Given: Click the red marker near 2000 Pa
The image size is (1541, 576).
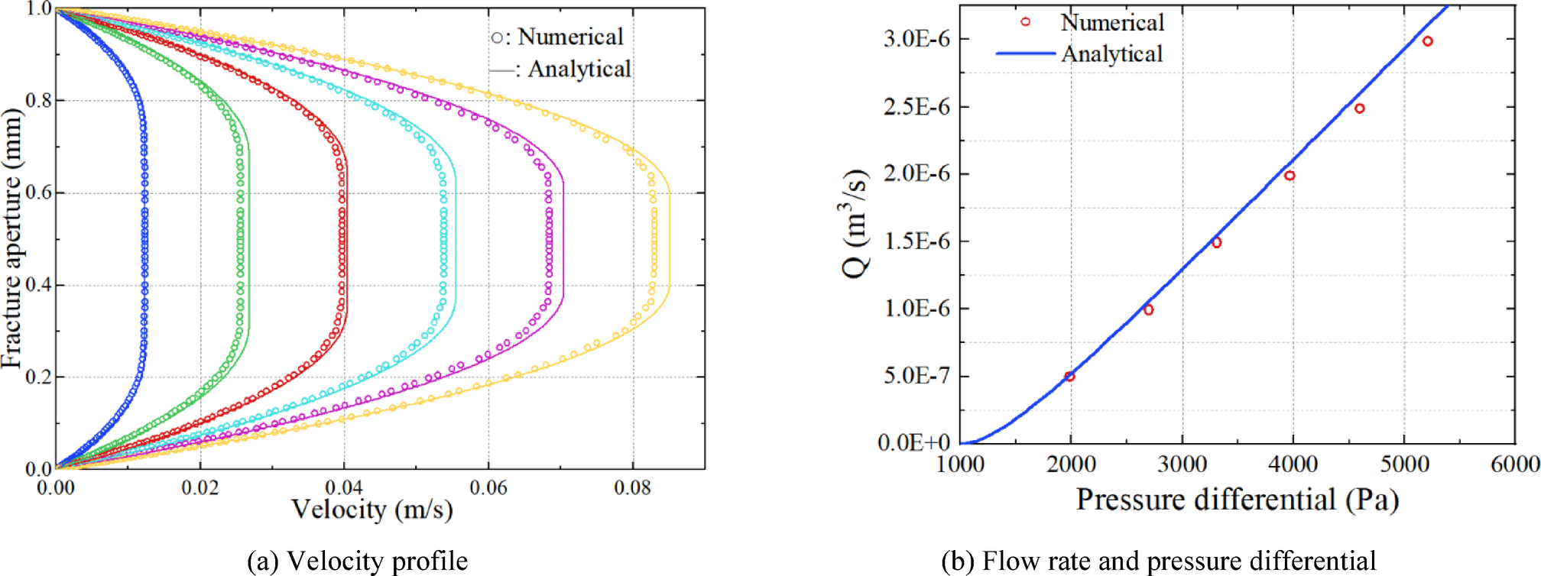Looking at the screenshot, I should [1069, 377].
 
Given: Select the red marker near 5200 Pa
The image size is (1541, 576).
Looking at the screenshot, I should [1427, 41].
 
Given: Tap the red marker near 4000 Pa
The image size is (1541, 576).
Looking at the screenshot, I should [1290, 176].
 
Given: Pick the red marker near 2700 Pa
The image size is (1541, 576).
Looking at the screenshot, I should [1148, 309].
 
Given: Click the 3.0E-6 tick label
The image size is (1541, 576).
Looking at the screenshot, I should [916, 39].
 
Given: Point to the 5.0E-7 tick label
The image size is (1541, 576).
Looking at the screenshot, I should [916, 376].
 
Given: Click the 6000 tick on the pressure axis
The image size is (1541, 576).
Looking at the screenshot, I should [1514, 464].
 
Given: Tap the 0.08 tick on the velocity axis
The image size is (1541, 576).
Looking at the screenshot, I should [632, 487].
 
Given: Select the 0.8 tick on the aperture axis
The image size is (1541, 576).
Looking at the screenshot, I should [38, 101].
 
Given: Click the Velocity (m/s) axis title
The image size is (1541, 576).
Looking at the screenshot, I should [372, 510].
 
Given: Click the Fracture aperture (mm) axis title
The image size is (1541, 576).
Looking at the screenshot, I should [12, 238].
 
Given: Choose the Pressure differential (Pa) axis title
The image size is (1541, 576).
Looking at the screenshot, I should [1237, 500].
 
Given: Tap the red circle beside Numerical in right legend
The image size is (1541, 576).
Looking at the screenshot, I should [1026, 22].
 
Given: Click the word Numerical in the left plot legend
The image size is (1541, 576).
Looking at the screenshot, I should [570, 37].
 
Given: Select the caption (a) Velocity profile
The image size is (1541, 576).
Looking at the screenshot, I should [357, 561].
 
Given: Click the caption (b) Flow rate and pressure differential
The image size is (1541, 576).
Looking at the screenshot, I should [1158, 561].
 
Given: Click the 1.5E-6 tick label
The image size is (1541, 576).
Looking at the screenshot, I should [916, 241].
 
